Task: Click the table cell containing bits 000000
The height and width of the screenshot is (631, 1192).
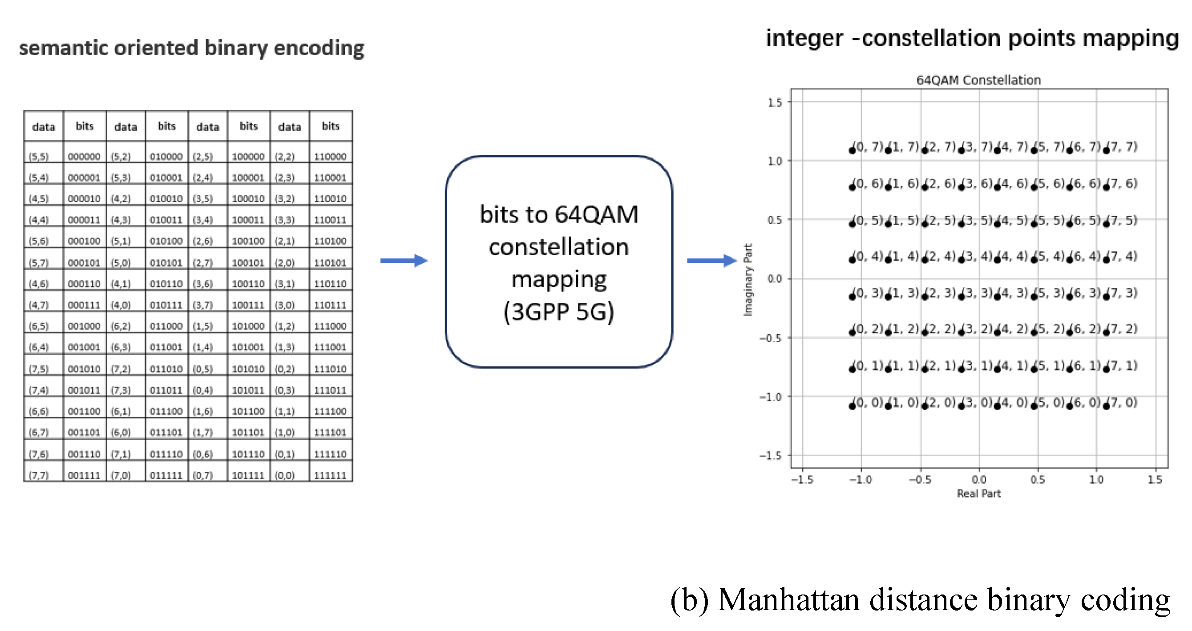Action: pyautogui.click(x=84, y=156)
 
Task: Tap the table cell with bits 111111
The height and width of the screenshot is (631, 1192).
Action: pyautogui.click(x=330, y=474)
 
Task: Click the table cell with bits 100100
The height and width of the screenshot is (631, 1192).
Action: pyautogui.click(x=248, y=241)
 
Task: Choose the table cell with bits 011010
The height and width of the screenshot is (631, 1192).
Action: pyautogui.click(x=166, y=368)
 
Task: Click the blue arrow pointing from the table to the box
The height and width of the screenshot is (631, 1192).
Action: pyautogui.click(x=404, y=261)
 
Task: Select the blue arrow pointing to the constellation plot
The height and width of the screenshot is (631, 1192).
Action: pyautogui.click(x=711, y=261)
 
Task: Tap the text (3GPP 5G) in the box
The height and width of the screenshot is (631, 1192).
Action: pyautogui.click(x=558, y=311)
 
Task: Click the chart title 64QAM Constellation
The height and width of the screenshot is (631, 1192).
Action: pyautogui.click(x=978, y=80)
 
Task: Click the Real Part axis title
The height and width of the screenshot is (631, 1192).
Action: pyautogui.click(x=978, y=493)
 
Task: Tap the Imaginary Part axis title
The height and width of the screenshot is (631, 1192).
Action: pyautogui.click(x=748, y=279)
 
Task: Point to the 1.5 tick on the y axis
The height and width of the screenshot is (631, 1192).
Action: pyautogui.click(x=775, y=102)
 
